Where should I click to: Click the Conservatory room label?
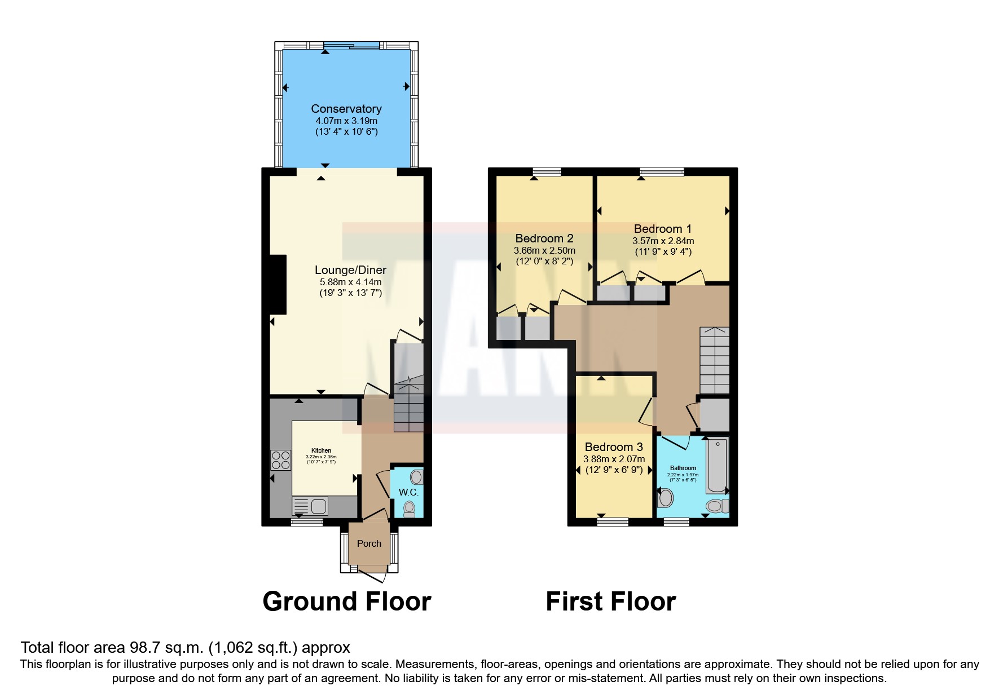[x=346, y=109]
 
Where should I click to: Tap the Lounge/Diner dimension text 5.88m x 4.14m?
[x=350, y=282]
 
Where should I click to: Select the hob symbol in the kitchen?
[x=281, y=460]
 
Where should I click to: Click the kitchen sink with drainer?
[x=310, y=506]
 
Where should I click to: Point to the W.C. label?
[x=408, y=492]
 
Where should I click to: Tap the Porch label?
[x=369, y=543]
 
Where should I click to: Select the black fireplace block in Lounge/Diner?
[x=278, y=285]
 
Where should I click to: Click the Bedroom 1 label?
[x=662, y=229]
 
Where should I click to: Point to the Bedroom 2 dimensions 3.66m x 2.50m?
[x=544, y=250]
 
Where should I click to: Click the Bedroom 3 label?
[x=614, y=447]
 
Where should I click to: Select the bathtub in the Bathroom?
[x=718, y=466]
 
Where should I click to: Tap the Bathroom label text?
[x=683, y=468]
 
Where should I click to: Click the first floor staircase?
[x=714, y=360]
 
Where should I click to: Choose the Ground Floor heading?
[x=346, y=601]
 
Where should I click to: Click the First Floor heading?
[x=610, y=601]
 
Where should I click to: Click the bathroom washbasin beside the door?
[x=666, y=498]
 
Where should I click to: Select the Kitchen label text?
[x=321, y=450]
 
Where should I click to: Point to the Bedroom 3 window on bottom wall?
[x=613, y=522]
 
